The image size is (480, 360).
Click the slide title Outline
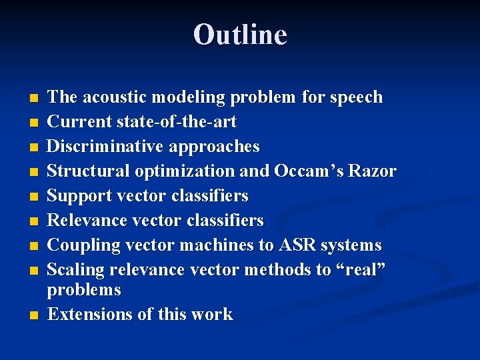(x=240, y=35)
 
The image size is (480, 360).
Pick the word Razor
(x=374, y=171)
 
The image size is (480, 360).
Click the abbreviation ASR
(x=296, y=245)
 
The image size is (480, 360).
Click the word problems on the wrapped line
(x=84, y=290)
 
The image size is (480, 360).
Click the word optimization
(x=186, y=171)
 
